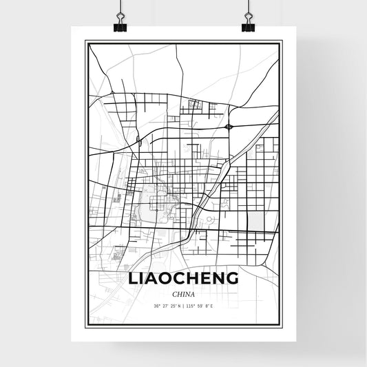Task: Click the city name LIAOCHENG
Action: click(x=183, y=278)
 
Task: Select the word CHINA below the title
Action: click(x=183, y=293)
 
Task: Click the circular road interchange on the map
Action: click(x=229, y=126)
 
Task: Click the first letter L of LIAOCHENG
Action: click(x=132, y=278)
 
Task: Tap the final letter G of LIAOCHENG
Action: click(x=233, y=278)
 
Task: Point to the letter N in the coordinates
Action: click(x=179, y=306)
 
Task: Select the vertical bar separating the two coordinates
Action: click(x=184, y=306)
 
